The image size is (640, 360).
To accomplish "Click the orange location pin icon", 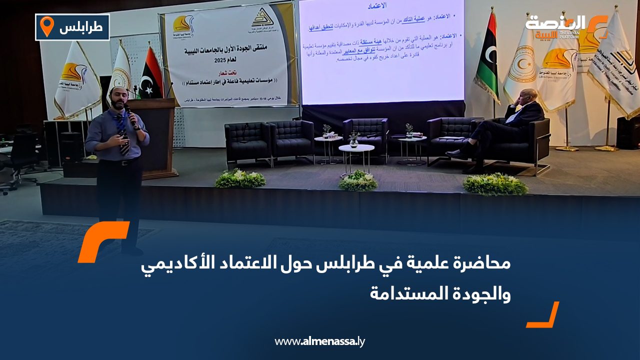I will point(46,26).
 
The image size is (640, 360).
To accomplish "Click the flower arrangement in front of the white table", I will point(357,181).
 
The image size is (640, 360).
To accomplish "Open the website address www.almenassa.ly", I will point(320,342).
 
